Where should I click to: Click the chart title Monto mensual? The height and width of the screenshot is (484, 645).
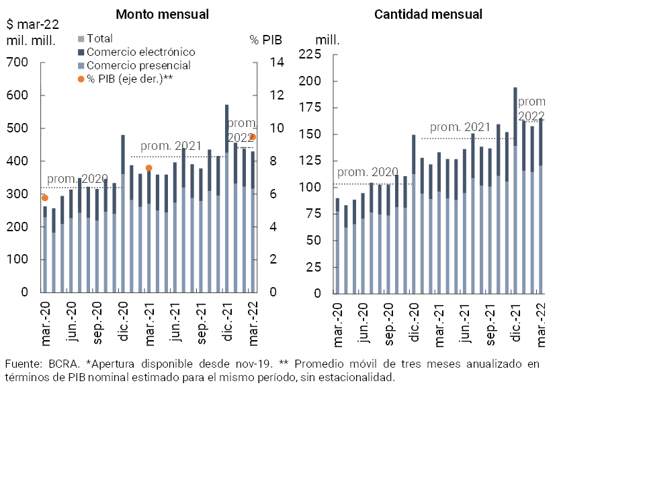[x=162, y=14]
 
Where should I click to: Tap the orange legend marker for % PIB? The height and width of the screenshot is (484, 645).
[x=81, y=79]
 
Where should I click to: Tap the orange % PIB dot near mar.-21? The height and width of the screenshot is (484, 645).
[x=149, y=168]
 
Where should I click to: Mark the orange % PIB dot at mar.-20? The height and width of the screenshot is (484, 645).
[x=45, y=198]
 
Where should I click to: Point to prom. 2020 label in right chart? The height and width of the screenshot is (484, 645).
[x=368, y=171]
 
